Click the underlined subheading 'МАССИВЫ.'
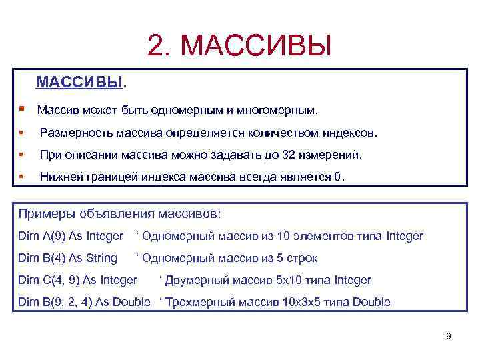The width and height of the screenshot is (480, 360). (81, 83)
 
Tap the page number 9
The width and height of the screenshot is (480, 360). (448, 336)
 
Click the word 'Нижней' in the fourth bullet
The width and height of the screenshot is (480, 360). (61, 177)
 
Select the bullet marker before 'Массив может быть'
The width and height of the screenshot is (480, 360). (22, 108)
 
